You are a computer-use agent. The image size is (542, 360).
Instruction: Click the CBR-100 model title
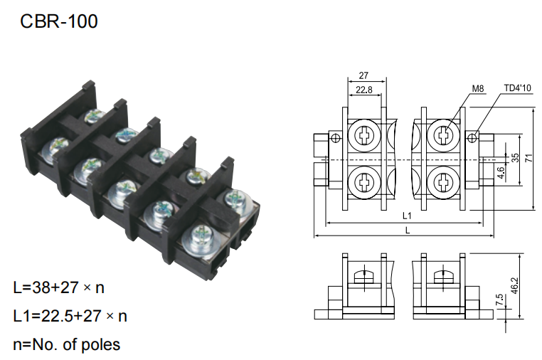pos(59,21)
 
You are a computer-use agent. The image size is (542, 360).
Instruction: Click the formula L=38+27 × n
pos(59,287)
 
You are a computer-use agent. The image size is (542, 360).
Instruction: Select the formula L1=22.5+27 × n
pos(70,316)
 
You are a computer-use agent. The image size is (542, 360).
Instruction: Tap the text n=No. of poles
pos(67,344)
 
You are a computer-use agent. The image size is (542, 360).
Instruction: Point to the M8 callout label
pos(478,88)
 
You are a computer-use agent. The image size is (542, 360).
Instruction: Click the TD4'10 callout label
pos(517,88)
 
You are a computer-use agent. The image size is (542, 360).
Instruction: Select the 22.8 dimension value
pos(364,90)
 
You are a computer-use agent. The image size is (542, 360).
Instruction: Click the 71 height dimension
pos(529,159)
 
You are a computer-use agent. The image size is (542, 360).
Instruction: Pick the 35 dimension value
pos(516,158)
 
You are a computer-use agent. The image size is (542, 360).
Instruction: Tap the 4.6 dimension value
pos(501,172)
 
